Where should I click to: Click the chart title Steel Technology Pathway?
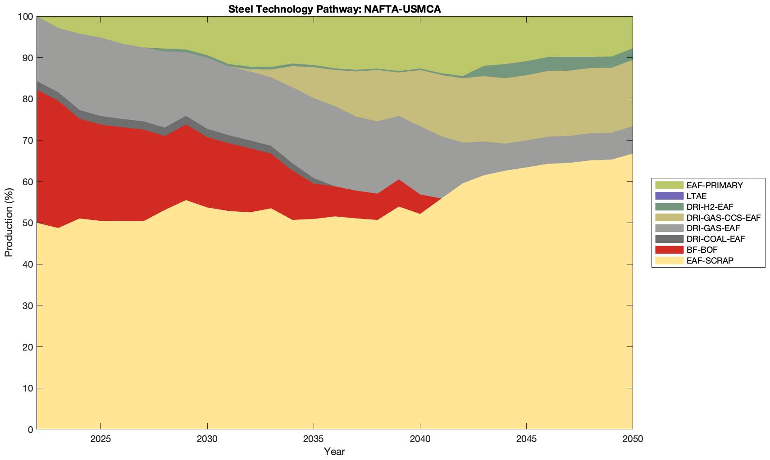click(x=334, y=9)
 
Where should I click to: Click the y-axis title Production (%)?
click(x=9, y=223)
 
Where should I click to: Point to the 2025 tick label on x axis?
click(x=101, y=439)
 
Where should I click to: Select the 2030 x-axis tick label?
click(x=207, y=439)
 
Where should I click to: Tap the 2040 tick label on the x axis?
click(x=420, y=439)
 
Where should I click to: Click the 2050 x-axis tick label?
click(x=633, y=439)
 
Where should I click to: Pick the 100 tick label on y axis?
click(x=25, y=17)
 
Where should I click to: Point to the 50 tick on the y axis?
click(x=27, y=223)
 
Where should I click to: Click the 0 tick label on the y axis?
click(x=30, y=429)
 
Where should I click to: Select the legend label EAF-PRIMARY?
click(x=715, y=185)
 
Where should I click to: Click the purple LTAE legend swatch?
click(x=669, y=196)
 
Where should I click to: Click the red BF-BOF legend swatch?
click(x=669, y=250)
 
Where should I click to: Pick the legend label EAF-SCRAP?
click(x=710, y=260)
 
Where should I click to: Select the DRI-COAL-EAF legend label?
click(x=716, y=239)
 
